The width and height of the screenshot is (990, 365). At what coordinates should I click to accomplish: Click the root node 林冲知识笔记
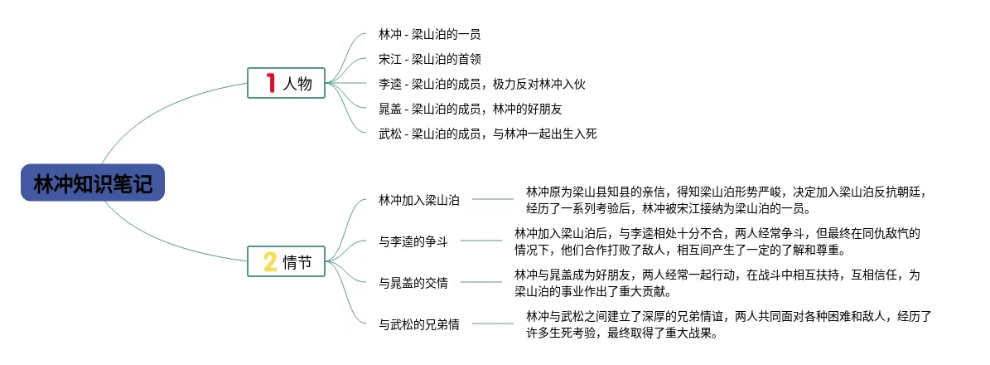tap(93, 183)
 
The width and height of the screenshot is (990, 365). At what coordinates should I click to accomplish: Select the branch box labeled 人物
tap(287, 83)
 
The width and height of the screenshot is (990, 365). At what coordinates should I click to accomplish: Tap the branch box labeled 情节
tap(287, 262)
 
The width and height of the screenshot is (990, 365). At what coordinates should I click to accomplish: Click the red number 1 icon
tap(270, 83)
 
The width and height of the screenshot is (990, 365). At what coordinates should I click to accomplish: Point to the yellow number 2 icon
tap(270, 262)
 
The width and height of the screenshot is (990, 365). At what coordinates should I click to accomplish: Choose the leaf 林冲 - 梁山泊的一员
tap(429, 35)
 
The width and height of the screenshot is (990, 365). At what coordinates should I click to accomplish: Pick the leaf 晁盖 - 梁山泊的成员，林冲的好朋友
tap(471, 108)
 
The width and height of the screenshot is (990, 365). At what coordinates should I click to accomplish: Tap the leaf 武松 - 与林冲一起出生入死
tap(487, 133)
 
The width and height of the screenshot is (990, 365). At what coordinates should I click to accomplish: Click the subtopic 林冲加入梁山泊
tap(419, 200)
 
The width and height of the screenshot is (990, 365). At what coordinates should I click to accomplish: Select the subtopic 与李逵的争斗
tap(413, 241)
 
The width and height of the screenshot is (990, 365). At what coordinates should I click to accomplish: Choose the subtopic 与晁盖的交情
tap(413, 283)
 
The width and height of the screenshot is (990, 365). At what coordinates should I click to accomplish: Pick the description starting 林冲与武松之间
tap(729, 324)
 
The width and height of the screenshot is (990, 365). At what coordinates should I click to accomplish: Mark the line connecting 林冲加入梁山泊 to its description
tap(492, 200)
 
